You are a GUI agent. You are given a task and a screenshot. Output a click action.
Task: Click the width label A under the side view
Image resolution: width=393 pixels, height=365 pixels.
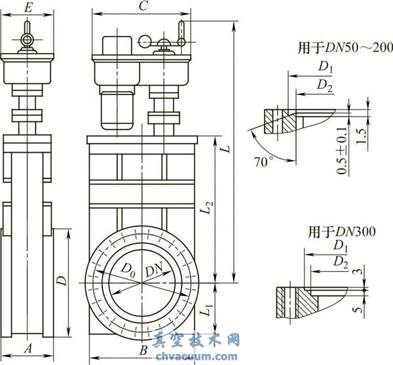[28, 349]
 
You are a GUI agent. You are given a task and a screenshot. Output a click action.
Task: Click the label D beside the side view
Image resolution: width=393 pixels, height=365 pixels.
[60, 282]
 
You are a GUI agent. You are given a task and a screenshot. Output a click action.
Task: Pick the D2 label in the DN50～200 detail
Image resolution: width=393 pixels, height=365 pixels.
[324, 84]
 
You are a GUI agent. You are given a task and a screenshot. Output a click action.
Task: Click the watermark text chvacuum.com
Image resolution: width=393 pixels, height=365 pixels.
[196, 356]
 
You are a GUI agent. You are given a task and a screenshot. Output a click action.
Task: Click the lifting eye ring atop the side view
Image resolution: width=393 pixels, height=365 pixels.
[28, 41]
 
